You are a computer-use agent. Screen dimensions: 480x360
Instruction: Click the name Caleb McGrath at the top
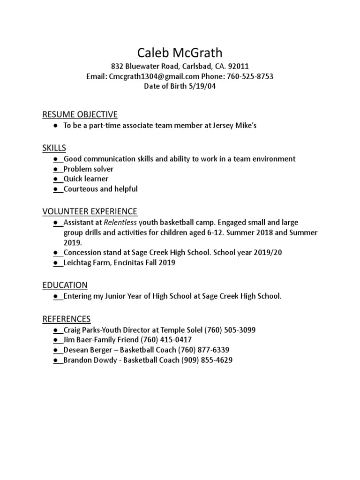pyautogui.click(x=180, y=52)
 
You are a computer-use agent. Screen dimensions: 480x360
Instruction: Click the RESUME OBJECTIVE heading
pyautogui.click(x=80, y=114)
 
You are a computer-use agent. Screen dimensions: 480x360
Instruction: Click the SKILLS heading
pyautogui.click(x=54, y=148)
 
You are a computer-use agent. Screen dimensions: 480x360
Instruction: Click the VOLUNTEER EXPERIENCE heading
pyautogui.click(x=90, y=211)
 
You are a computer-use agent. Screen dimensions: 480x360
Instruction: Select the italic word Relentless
pyautogui.click(x=120, y=222)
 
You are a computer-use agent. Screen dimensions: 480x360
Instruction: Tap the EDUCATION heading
pyautogui.click(x=65, y=285)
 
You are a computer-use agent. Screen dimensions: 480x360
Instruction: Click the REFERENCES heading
pyautogui.click(x=67, y=319)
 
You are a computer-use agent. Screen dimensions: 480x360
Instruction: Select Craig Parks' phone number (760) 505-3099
pyautogui.click(x=230, y=330)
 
